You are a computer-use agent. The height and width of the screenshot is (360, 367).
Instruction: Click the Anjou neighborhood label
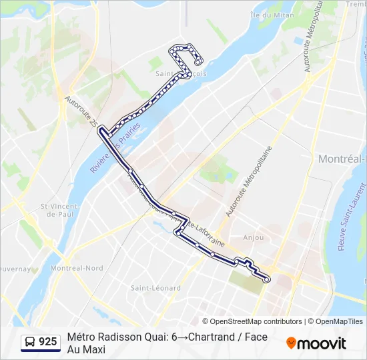click(x=254, y=237)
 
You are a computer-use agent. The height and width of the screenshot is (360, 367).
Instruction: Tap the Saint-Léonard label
click(x=155, y=288)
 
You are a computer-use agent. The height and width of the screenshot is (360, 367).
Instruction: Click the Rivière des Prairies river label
click(x=104, y=155)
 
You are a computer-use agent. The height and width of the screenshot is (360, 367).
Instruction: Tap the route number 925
click(x=48, y=342)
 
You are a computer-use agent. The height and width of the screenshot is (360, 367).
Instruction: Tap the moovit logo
click(x=316, y=343)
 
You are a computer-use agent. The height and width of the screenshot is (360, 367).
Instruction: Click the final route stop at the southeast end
click(x=266, y=279)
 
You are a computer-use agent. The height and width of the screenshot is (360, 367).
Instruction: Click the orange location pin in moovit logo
click(x=291, y=343)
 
